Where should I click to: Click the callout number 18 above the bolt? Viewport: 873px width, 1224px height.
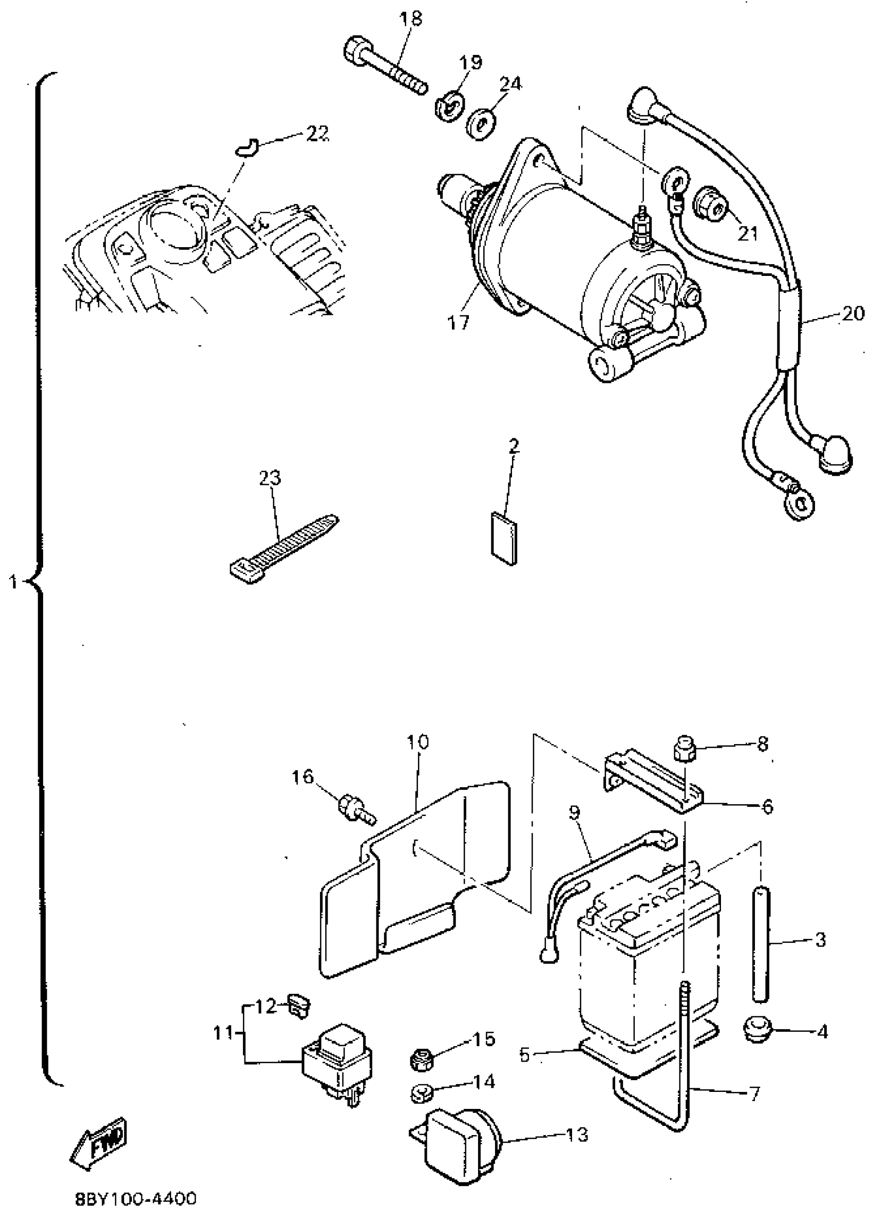(411, 18)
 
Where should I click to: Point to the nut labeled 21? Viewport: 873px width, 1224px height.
(712, 205)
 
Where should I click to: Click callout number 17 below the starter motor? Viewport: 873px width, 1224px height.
(458, 322)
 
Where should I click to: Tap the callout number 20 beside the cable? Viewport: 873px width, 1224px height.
(852, 313)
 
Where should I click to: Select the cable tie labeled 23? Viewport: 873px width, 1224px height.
(282, 549)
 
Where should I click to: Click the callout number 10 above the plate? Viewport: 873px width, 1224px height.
(417, 742)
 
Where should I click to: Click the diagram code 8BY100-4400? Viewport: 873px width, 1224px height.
(136, 1199)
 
